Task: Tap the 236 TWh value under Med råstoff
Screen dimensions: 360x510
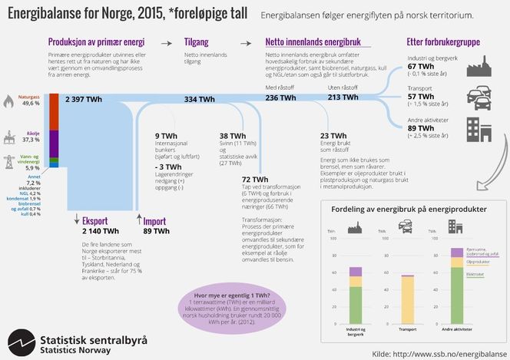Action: [281, 97]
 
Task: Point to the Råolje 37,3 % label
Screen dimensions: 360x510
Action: [31, 137]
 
